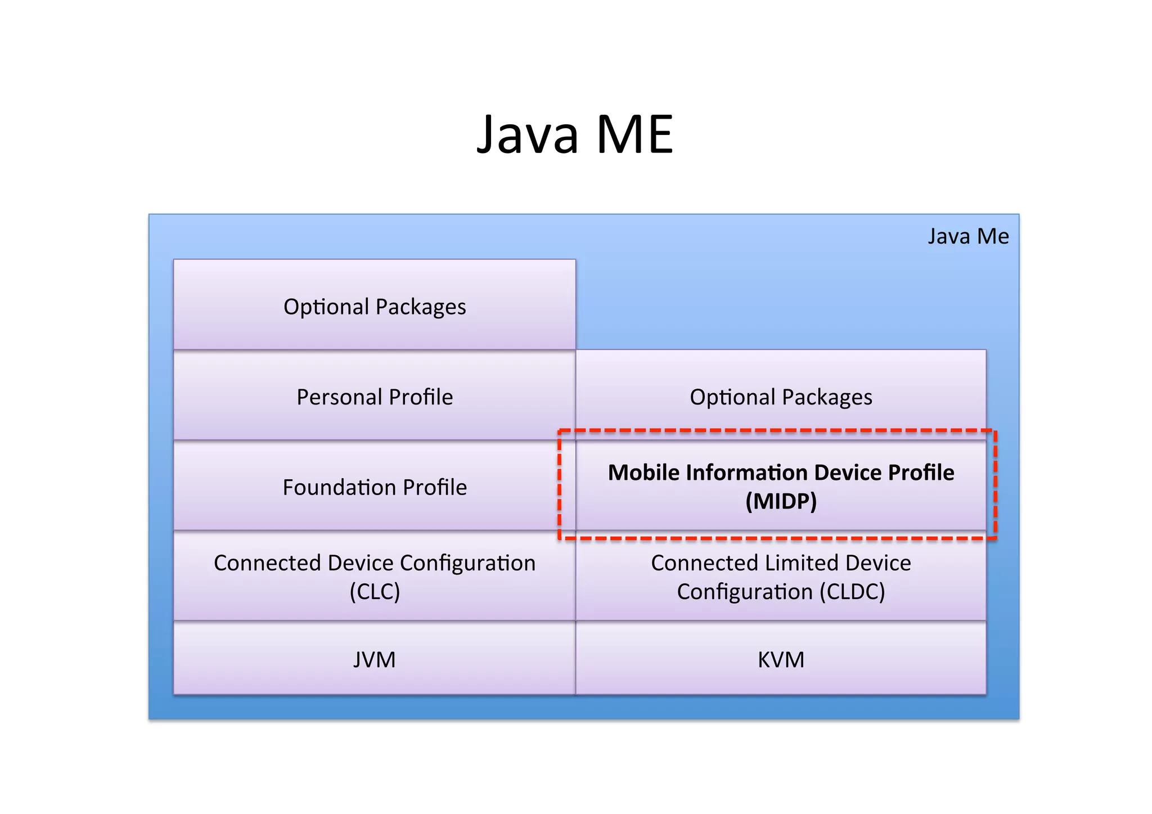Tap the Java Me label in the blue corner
click(x=967, y=236)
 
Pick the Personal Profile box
click(x=375, y=397)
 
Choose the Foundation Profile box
click(x=375, y=487)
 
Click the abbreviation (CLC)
click(x=375, y=592)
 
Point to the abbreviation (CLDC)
click(x=852, y=592)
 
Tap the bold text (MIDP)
click(x=781, y=501)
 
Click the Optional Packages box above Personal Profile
click(x=375, y=307)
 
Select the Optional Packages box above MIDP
click(x=781, y=397)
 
